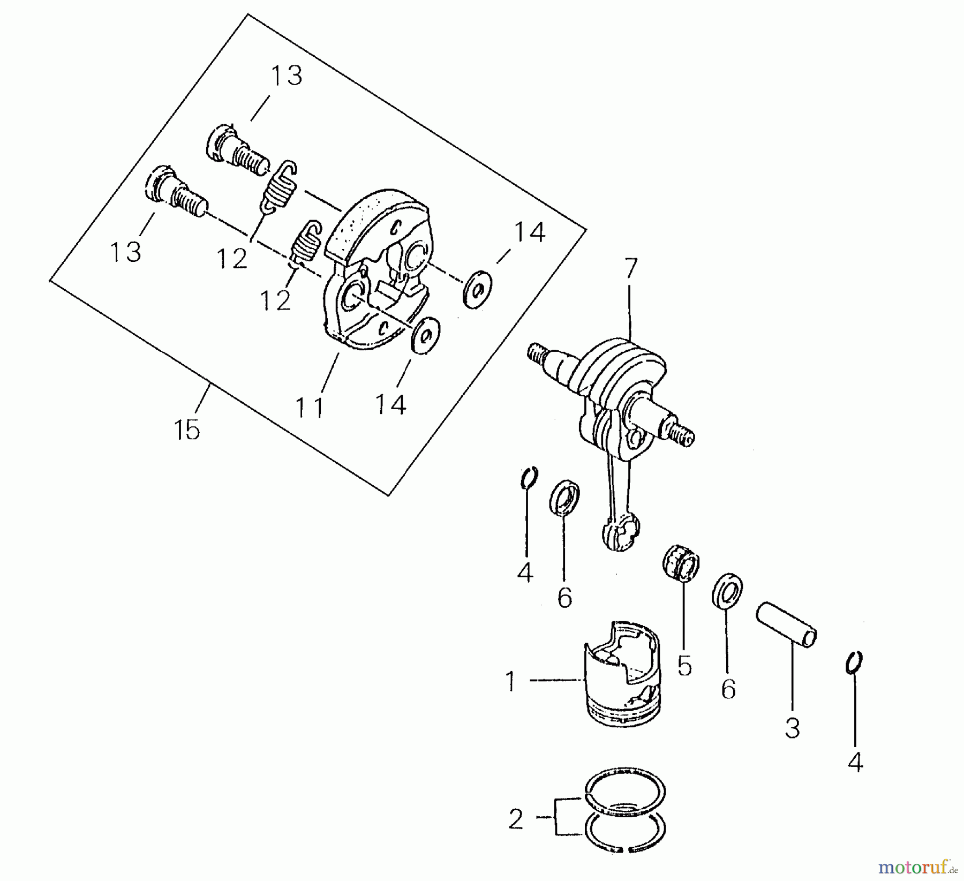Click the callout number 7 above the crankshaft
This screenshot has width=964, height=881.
point(630,269)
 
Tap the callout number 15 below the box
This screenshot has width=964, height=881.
point(187,430)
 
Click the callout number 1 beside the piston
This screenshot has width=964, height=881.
point(511,682)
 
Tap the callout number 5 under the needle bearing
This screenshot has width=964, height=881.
point(684,665)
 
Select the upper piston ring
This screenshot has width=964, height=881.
point(626,790)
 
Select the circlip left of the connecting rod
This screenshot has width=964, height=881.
point(529,477)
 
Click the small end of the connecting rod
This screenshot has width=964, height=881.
point(621,532)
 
